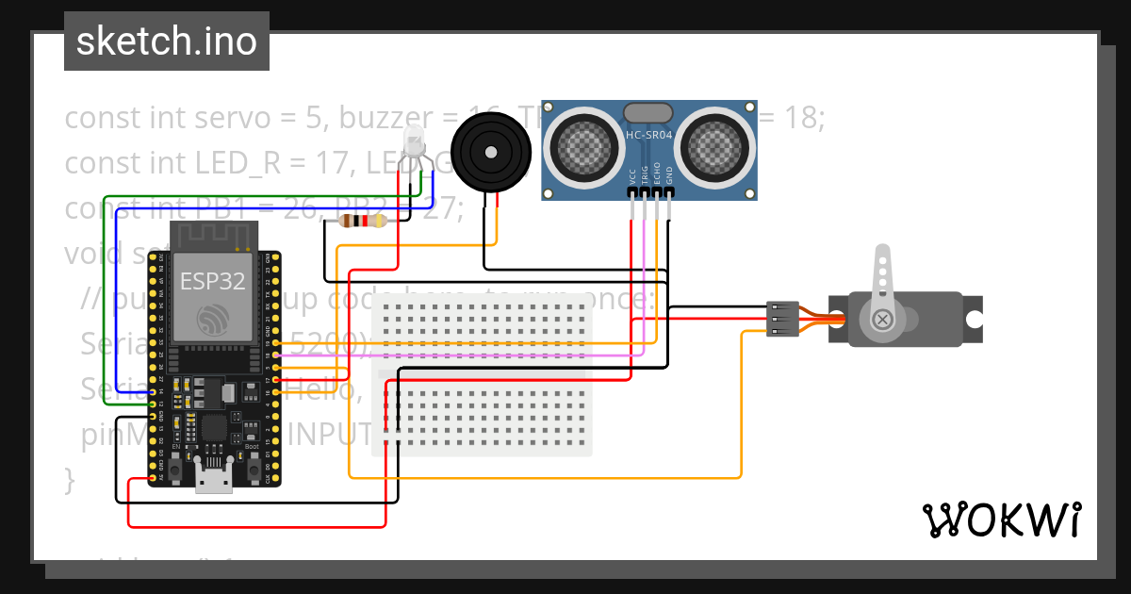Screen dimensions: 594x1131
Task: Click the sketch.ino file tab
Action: (166, 41)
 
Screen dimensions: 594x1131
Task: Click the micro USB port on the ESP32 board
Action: (214, 478)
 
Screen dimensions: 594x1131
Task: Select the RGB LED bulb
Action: (414, 141)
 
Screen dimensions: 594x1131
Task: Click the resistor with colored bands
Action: (362, 221)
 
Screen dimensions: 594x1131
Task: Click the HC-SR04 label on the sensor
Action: (649, 136)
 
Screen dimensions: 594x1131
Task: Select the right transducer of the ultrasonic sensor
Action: (714, 143)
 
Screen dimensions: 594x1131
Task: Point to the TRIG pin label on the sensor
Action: (645, 175)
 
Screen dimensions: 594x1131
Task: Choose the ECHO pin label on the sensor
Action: (657, 175)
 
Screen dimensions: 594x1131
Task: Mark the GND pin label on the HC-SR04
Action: (669, 175)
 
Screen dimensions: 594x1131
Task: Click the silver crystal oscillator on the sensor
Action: (649, 112)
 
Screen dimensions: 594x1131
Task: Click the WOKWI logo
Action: (1001, 520)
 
